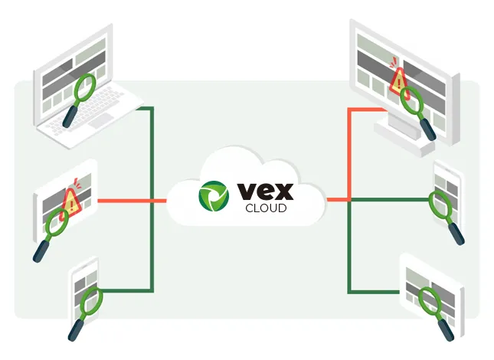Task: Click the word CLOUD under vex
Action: point(266,208)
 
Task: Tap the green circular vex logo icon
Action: point(214,196)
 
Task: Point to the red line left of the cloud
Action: point(133,201)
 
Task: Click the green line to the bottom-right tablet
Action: point(375,291)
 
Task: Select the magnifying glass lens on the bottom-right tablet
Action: point(428,298)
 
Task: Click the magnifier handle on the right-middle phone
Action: point(456,232)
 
